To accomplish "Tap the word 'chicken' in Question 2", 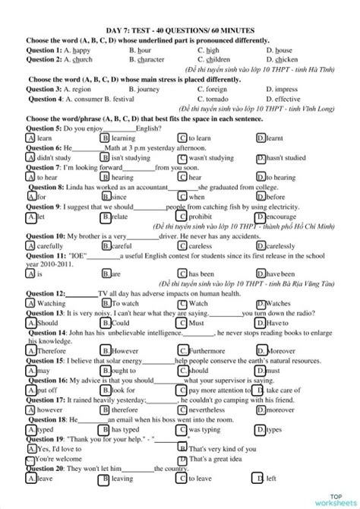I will click(286, 58).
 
